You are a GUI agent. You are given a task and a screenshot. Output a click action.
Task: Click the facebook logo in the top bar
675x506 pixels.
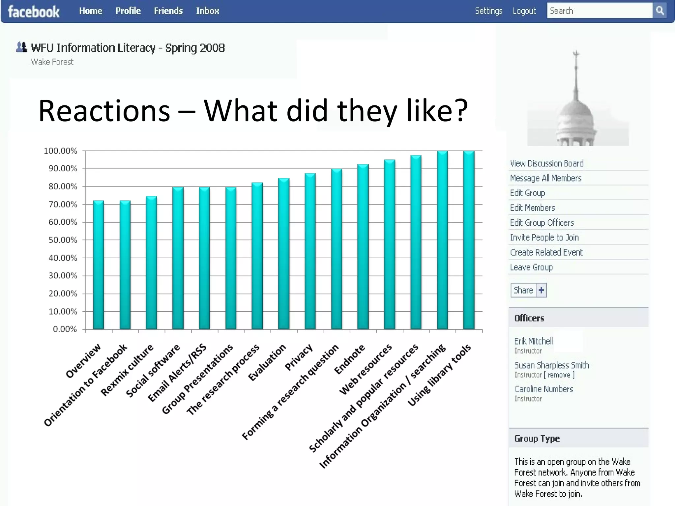pyautogui.click(x=34, y=12)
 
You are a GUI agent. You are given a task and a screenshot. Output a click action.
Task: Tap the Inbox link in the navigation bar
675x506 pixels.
pyautogui.click(x=207, y=11)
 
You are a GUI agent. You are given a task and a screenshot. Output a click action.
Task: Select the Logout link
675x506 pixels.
pyautogui.click(x=524, y=11)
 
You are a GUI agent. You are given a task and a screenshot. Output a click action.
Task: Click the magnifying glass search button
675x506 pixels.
pyautogui.click(x=660, y=11)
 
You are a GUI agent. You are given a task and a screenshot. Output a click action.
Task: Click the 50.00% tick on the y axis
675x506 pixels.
pyautogui.click(x=63, y=240)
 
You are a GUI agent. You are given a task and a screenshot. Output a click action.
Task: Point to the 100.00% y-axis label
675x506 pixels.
pyautogui.click(x=60, y=151)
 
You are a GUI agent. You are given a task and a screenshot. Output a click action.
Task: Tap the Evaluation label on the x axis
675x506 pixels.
pyautogui.click(x=267, y=362)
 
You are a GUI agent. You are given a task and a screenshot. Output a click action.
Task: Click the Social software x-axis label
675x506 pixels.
pyautogui.click(x=153, y=370)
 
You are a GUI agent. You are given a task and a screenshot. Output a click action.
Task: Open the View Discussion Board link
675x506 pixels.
pyautogui.click(x=546, y=163)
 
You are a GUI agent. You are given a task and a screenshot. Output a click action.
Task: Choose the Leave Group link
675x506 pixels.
pyautogui.click(x=531, y=267)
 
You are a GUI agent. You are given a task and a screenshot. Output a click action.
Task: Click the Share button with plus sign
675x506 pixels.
pyautogui.click(x=528, y=290)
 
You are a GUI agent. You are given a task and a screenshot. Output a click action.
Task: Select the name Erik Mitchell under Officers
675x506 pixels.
pyautogui.click(x=533, y=341)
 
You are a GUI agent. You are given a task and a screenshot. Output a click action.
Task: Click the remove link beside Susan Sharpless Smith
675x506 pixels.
pyautogui.click(x=559, y=375)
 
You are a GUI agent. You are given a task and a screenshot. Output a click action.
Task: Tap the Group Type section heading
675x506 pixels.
pyautogui.click(x=537, y=438)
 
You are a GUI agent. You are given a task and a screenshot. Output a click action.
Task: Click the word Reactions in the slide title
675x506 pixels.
pyautogui.click(x=104, y=111)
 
